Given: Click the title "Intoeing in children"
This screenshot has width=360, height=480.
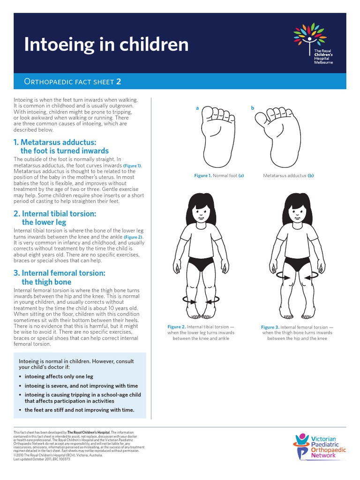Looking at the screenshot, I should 106,45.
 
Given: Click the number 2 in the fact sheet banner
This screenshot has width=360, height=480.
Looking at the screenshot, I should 119,82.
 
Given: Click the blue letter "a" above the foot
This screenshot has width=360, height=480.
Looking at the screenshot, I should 197,108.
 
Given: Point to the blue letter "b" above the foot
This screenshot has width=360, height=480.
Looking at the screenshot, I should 252,108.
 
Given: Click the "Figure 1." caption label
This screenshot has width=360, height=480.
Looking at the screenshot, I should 203,175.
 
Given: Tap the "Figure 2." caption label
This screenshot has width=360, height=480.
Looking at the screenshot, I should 177,326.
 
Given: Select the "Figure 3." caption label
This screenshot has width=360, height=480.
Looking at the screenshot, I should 270,327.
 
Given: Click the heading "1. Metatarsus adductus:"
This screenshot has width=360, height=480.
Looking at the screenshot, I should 55,142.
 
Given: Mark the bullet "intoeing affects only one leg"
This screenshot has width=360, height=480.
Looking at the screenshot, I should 59,376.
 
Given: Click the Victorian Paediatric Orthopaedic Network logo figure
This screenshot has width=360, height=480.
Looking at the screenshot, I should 301,445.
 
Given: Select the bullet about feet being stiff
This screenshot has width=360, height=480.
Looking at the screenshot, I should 79,410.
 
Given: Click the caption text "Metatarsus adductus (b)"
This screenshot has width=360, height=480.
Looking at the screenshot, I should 288,175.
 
